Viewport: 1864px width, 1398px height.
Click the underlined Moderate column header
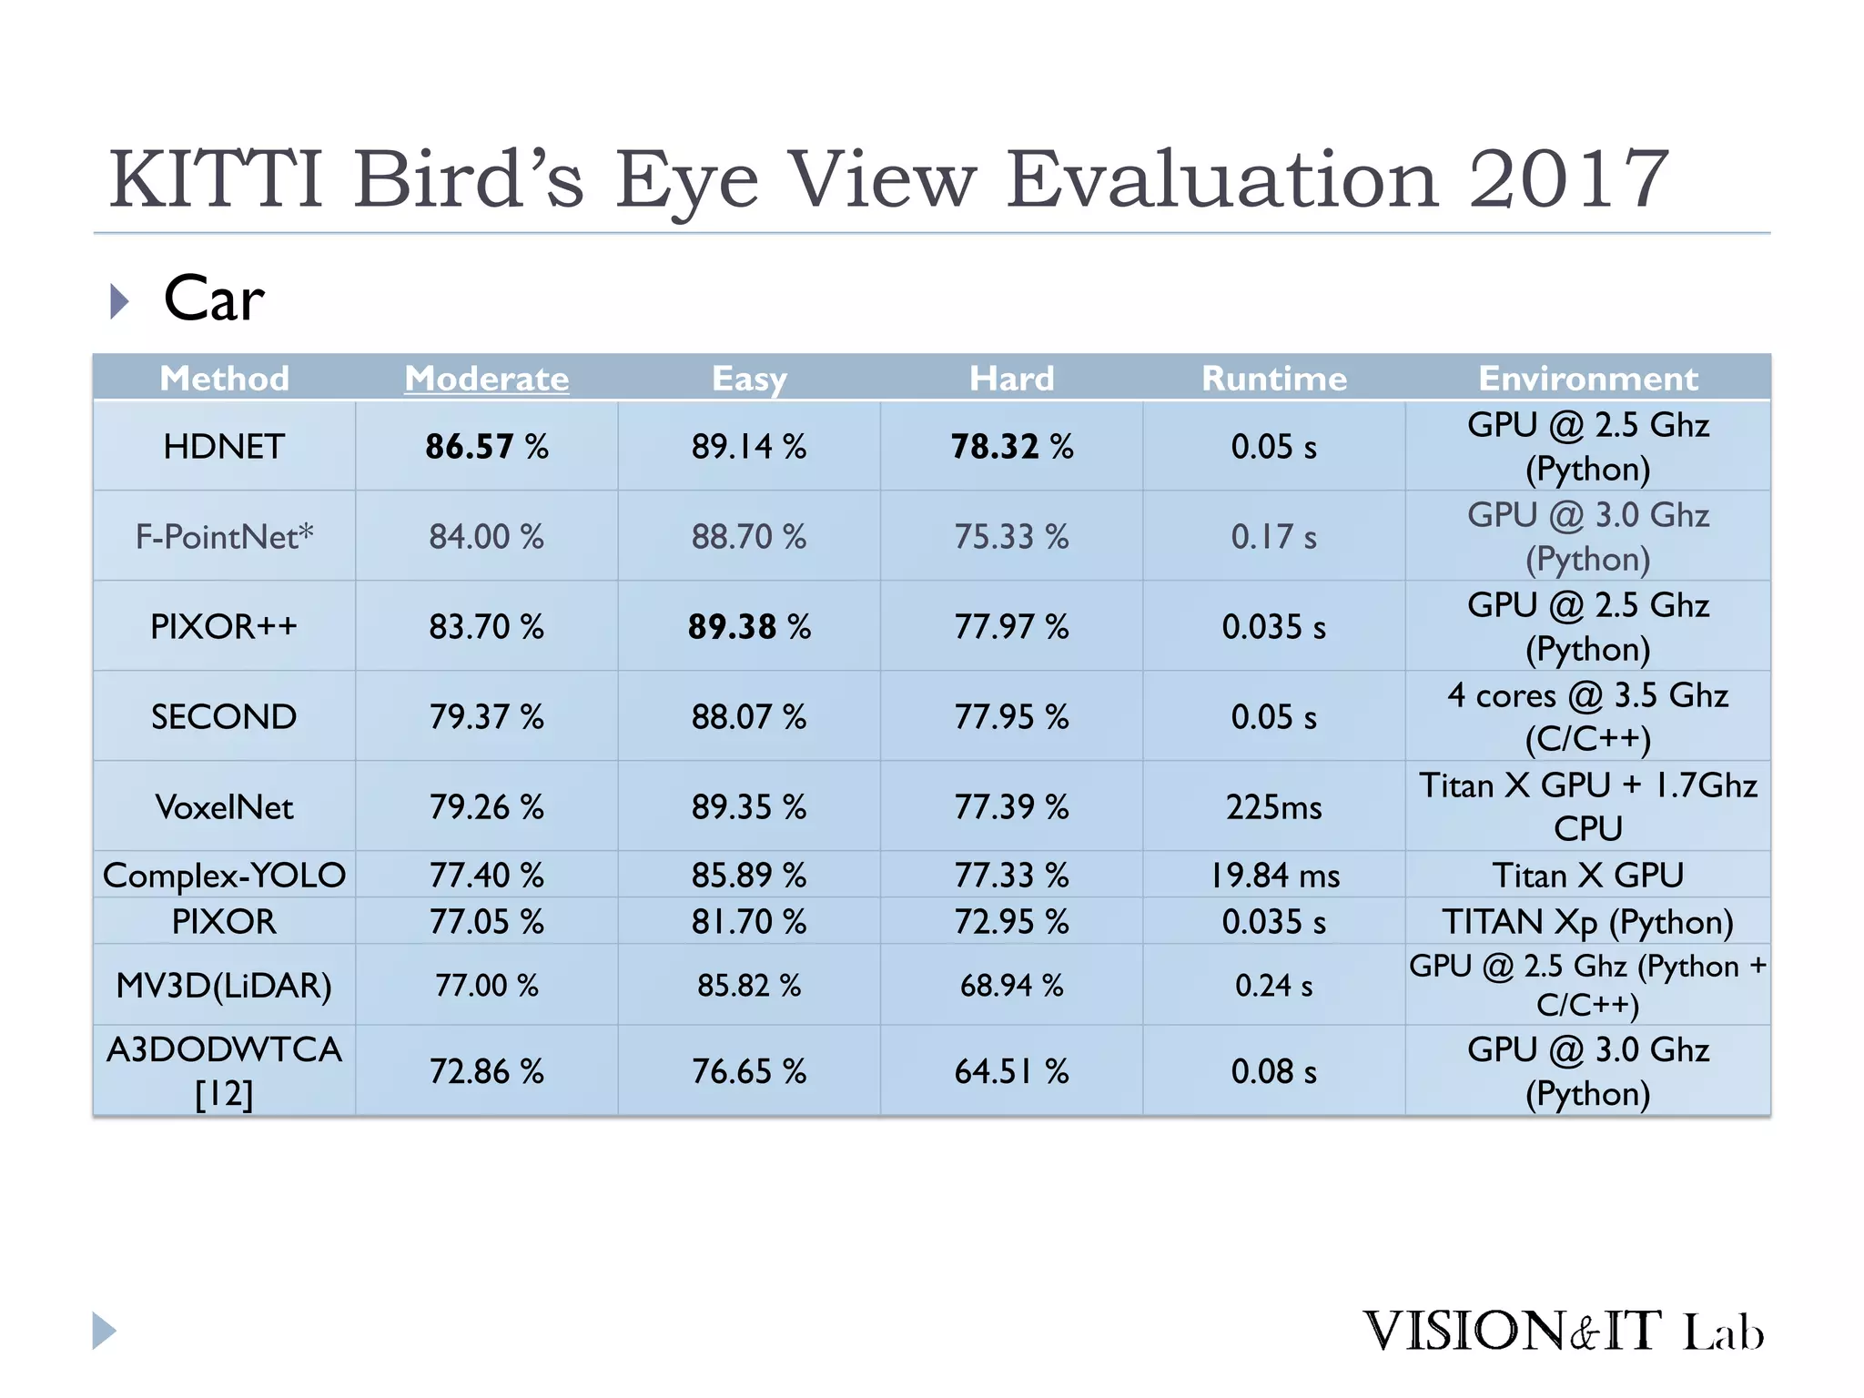coord(487,379)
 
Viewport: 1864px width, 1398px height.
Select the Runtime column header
coord(1274,379)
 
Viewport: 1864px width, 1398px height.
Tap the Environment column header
coord(1588,379)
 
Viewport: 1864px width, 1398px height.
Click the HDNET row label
coord(224,447)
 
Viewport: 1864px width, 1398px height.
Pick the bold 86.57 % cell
coord(487,447)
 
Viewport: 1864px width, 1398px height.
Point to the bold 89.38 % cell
coord(749,627)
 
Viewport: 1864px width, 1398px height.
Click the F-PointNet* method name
coord(224,537)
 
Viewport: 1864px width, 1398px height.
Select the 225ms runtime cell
coord(1274,807)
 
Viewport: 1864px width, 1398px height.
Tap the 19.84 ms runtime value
coord(1274,876)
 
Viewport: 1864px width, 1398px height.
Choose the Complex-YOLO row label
coord(224,876)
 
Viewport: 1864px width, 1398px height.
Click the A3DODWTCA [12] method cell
coord(224,1071)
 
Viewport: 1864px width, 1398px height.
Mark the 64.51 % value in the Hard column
coord(1011,1071)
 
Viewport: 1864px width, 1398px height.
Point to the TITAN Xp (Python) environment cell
coord(1588,922)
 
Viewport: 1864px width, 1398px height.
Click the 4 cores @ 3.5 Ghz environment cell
coord(1588,716)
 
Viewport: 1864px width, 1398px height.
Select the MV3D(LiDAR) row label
coord(224,986)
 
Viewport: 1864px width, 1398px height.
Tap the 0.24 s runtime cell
coord(1274,986)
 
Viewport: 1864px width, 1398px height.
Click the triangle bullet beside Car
coord(119,301)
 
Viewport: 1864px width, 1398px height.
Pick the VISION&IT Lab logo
coord(1563,1331)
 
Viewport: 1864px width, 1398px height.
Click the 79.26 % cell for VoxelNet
coord(487,807)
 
